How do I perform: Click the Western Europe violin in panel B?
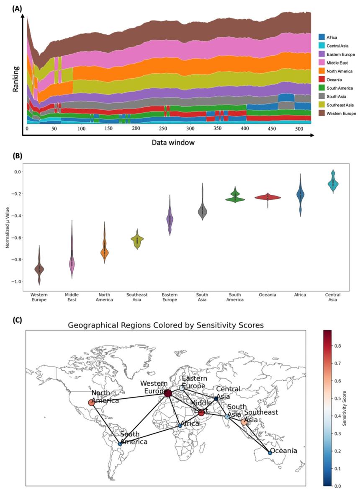[x=39, y=268]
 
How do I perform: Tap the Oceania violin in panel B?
[x=268, y=197]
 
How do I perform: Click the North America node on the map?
[x=92, y=403]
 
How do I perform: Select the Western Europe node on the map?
[x=168, y=393]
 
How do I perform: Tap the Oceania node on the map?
[x=270, y=453]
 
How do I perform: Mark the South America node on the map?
[x=120, y=444]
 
